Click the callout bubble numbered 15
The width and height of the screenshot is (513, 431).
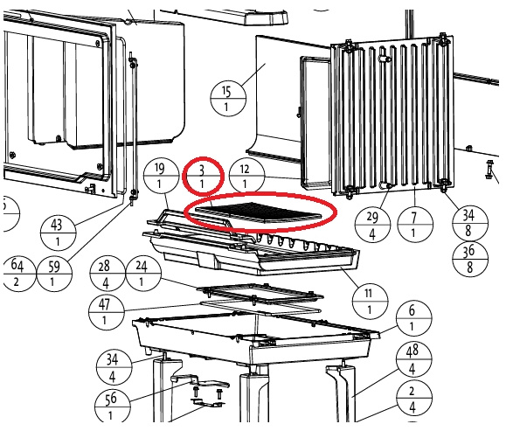[x=228, y=98]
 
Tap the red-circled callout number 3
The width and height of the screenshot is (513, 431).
[x=203, y=176]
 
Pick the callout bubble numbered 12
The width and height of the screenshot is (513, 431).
[x=246, y=176]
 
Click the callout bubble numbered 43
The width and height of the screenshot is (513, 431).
[x=58, y=233]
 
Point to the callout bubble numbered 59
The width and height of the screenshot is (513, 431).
[x=54, y=274]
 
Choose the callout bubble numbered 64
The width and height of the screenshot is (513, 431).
[x=17, y=274]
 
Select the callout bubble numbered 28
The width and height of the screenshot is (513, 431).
[x=107, y=274]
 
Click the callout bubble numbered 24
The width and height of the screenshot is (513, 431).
[x=143, y=274]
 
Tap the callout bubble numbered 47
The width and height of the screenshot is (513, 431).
[x=107, y=311]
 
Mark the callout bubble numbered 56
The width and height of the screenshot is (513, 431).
[x=112, y=406]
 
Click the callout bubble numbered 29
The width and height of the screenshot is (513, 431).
[x=372, y=225]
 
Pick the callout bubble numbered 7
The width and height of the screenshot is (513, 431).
[x=415, y=225]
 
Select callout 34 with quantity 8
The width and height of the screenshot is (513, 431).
[x=470, y=223]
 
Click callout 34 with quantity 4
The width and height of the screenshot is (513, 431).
[x=114, y=367]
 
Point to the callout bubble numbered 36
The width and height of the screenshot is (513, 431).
[x=470, y=259]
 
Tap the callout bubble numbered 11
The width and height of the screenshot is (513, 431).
[x=371, y=301]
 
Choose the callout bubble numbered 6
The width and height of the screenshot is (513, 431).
[x=413, y=318]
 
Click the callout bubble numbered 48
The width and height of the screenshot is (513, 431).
[x=413, y=359]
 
